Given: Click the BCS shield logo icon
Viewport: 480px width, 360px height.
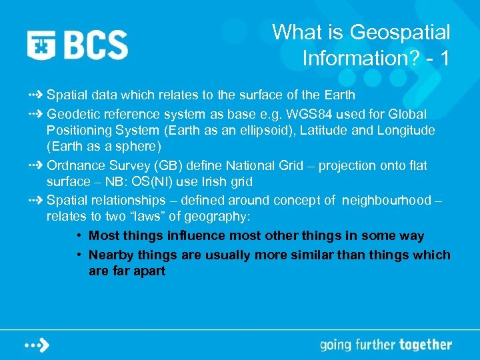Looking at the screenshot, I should pos(42,44).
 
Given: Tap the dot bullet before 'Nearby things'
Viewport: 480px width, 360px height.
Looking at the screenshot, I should pos(79,255).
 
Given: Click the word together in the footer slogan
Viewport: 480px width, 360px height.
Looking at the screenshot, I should pos(425,345).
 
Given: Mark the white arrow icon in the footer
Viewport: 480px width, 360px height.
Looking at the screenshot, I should pos(37,345).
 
